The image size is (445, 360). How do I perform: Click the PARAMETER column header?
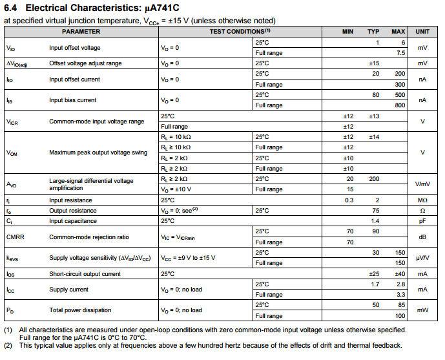point(81,31)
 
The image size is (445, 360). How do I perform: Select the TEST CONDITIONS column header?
point(240,31)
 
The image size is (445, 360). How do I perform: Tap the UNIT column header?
point(422,31)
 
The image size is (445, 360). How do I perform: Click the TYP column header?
point(373,31)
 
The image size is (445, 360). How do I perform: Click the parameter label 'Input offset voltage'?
point(75,47)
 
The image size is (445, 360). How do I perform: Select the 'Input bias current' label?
point(73,100)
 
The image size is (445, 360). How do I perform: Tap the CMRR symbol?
point(16,237)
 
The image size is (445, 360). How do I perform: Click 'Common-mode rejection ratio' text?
point(89,237)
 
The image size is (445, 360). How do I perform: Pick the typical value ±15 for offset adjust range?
point(373,63)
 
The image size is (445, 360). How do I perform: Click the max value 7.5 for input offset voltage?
point(400,53)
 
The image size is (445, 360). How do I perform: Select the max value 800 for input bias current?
point(400,105)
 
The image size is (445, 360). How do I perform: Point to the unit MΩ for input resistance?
point(422,200)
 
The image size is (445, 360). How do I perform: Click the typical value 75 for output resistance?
point(375,211)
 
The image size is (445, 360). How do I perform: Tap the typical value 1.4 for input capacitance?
point(375,221)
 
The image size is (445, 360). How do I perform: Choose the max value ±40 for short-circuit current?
point(398,274)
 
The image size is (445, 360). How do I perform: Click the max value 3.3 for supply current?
point(400,295)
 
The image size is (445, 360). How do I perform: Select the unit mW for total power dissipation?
point(422,310)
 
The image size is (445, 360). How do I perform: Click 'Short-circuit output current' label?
point(85,274)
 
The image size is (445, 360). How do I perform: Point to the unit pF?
point(422,221)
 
